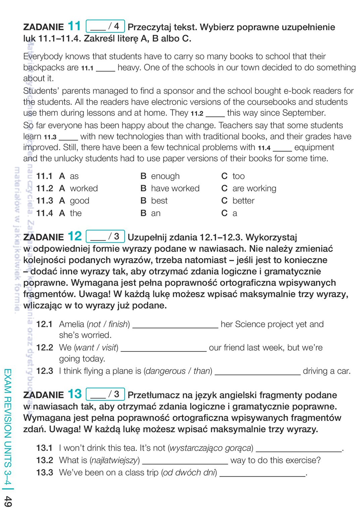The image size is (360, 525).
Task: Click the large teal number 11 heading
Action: pyautogui.click(x=74, y=26)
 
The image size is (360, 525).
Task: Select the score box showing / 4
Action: pyautogui.click(x=105, y=26)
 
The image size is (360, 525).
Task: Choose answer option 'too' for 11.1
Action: pyautogui.click(x=239, y=176)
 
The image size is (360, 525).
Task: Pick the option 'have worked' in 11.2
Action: pyautogui.click(x=175, y=189)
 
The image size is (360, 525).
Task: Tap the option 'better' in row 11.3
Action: pyautogui.click(x=243, y=201)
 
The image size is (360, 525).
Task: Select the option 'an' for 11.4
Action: pyautogui.click(x=156, y=213)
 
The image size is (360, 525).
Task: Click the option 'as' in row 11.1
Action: pyautogui.click(x=74, y=176)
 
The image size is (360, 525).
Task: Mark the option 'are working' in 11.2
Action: pyautogui.click(x=254, y=189)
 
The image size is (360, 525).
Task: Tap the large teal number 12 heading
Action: pyautogui.click(x=74, y=236)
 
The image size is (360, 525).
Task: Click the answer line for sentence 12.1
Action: pyautogui.click(x=175, y=326)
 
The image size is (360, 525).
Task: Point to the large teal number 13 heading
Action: pyautogui.click(x=74, y=394)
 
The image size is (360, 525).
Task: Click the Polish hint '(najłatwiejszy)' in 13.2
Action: pyautogui.click(x=115, y=460)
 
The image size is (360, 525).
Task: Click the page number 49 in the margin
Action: pyautogui.click(x=8, y=502)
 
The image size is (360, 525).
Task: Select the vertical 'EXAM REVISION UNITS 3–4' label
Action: pyautogui.click(x=8, y=426)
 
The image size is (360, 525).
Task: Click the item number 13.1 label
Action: pyautogui.click(x=45, y=448)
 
